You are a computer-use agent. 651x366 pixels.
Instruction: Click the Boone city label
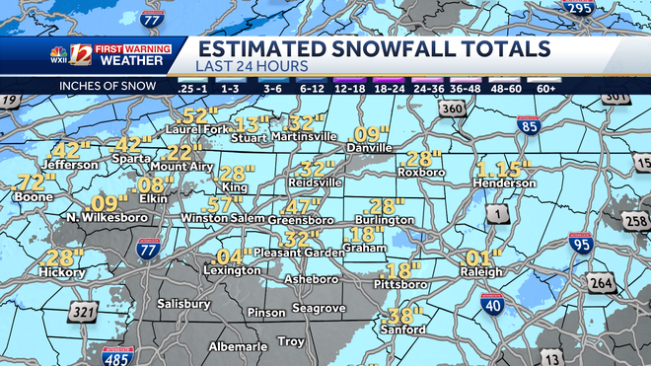tap(34, 197)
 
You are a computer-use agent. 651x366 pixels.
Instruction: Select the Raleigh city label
tap(481, 271)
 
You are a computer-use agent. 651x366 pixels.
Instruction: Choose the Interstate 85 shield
tap(528, 125)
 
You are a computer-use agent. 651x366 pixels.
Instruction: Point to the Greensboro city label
tap(300, 220)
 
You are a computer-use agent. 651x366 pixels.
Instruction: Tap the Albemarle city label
tap(235, 347)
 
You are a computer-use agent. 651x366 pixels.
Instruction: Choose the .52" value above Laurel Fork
tap(199, 115)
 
